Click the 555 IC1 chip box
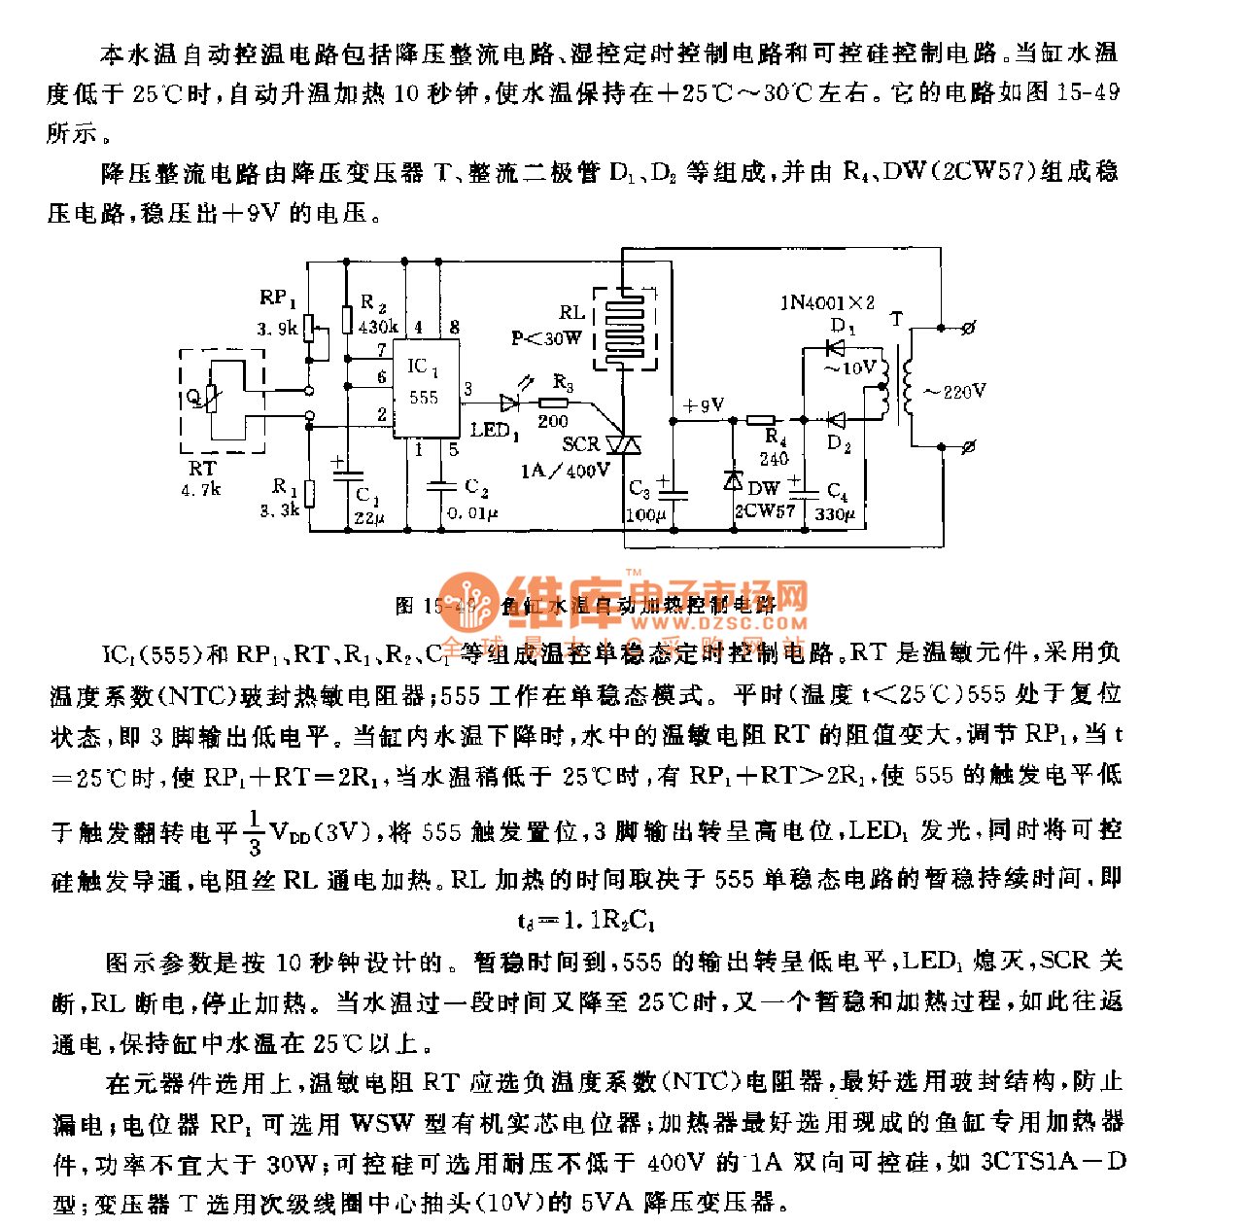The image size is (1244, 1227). pyautogui.click(x=425, y=387)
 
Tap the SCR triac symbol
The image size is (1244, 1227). pyautogui.click(x=623, y=445)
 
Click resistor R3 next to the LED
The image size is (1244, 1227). pyautogui.click(x=554, y=402)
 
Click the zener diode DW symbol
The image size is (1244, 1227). pyautogui.click(x=734, y=480)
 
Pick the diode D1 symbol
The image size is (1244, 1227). pyautogui.click(x=834, y=347)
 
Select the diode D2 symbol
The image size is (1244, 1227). pyautogui.click(x=835, y=420)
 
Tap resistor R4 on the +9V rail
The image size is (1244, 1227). pyautogui.click(x=760, y=420)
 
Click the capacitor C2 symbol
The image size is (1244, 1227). pyautogui.click(x=442, y=485)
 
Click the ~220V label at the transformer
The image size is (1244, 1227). pyautogui.click(x=954, y=392)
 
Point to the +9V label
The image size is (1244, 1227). pyautogui.click(x=704, y=405)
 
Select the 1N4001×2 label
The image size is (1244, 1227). pyautogui.click(x=827, y=302)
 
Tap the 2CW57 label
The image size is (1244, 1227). pyautogui.click(x=765, y=510)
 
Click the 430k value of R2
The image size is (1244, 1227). pyautogui.click(x=377, y=328)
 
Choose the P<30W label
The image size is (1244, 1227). pyautogui.click(x=546, y=338)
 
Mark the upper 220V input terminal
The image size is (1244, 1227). pyautogui.click(x=968, y=329)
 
